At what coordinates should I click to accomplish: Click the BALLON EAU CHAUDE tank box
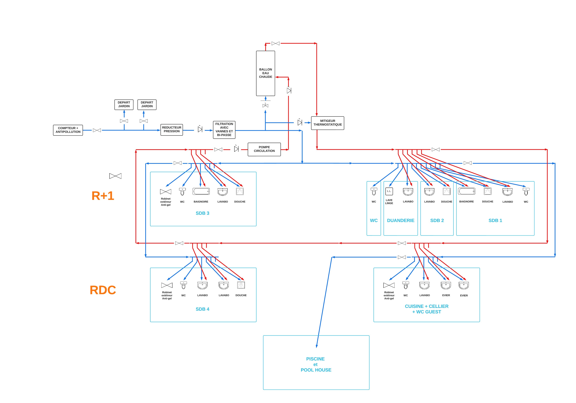[265, 73]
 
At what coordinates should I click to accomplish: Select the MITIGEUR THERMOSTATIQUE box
[327, 123]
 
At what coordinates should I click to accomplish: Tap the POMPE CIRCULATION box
[264, 149]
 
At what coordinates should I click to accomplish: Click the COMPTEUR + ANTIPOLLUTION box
[68, 130]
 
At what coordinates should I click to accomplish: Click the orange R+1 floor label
[103, 196]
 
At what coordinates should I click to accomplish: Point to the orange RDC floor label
[103, 290]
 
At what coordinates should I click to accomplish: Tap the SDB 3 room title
[202, 213]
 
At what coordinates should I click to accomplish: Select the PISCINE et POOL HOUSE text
[316, 364]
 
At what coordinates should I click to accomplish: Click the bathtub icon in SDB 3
[201, 191]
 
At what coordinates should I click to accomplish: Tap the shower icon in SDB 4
[241, 285]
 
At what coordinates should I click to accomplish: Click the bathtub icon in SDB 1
[466, 191]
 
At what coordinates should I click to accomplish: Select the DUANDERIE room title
[401, 220]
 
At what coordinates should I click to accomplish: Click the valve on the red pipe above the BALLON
[275, 43]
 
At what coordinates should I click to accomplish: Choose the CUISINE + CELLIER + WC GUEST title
[427, 309]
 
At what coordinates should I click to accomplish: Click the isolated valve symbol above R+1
[115, 176]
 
